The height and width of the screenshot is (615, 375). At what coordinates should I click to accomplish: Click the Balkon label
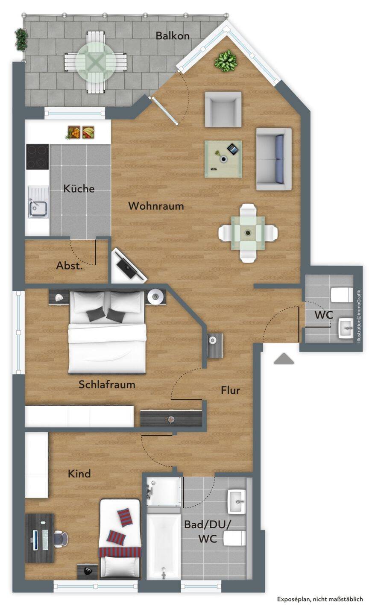pos(173,36)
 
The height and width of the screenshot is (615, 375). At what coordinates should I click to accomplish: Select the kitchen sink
pos(38,202)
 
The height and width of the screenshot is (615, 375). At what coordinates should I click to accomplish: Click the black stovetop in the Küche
pos(38,157)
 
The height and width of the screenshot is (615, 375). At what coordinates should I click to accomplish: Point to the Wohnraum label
pos(156,206)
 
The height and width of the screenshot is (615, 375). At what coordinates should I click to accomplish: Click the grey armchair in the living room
pos(223,109)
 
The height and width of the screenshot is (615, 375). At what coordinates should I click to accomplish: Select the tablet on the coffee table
pos(234,149)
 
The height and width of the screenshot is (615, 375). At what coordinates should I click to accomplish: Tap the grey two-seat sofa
pos(274,159)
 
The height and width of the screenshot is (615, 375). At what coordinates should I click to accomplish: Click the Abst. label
pos(69,266)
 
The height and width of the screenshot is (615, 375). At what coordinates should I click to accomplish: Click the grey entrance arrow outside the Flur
pos(284,359)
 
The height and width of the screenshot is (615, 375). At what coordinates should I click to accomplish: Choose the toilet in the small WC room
pos(342,295)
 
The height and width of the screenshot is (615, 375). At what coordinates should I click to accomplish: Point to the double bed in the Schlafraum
pos(107,332)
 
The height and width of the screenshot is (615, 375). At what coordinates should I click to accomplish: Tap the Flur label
pos(230,390)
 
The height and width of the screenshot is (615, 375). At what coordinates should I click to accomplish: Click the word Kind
pos(79,474)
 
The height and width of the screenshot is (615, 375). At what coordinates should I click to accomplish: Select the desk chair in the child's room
pos(61,539)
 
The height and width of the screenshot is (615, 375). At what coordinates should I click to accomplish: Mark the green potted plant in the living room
pos(226,61)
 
